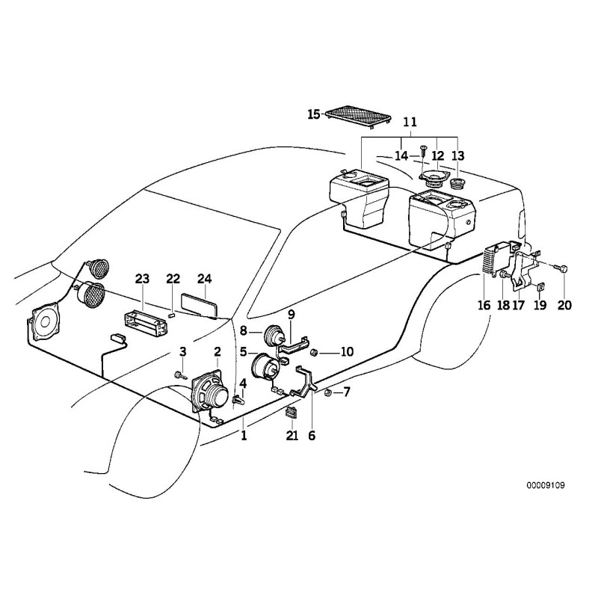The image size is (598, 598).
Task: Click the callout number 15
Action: (314, 114)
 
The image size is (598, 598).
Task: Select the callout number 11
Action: (410, 122)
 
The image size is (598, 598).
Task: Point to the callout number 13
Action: (457, 155)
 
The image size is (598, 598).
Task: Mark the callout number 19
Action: (540, 305)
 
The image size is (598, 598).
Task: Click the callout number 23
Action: (142, 279)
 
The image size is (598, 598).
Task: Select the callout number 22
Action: (173, 279)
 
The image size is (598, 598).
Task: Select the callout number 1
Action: (243, 434)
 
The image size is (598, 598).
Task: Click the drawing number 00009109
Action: (544, 485)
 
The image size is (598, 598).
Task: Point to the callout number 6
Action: (312, 435)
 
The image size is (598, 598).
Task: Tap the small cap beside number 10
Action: (315, 351)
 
